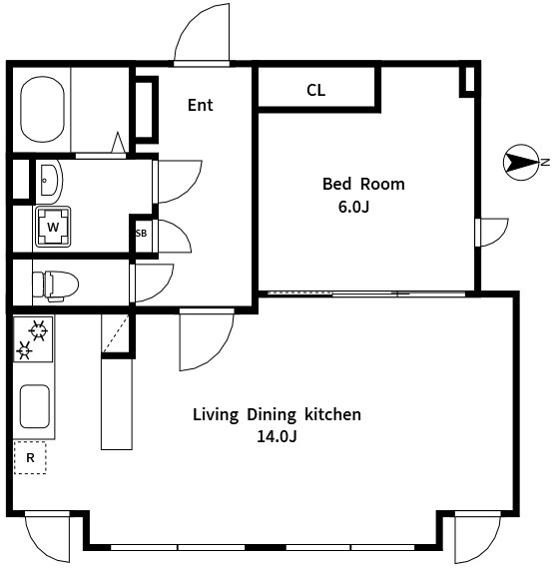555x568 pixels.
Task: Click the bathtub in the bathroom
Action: [42, 109]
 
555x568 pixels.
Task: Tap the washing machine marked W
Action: [53, 227]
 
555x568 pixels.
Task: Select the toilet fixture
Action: [56, 285]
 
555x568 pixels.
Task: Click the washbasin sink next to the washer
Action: [50, 180]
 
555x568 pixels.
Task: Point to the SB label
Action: [141, 234]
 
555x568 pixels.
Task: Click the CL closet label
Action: [315, 91]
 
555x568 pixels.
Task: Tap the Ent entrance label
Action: [201, 105]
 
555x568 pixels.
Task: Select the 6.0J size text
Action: [353, 208]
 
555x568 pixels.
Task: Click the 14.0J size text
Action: [277, 436]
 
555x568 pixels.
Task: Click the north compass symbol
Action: [522, 163]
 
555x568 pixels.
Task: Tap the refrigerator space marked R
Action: [30, 458]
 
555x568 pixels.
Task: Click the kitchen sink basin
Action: [34, 406]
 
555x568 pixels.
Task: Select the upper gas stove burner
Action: [38, 330]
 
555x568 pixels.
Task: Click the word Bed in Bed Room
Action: [337, 184]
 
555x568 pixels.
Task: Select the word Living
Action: [216, 415]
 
